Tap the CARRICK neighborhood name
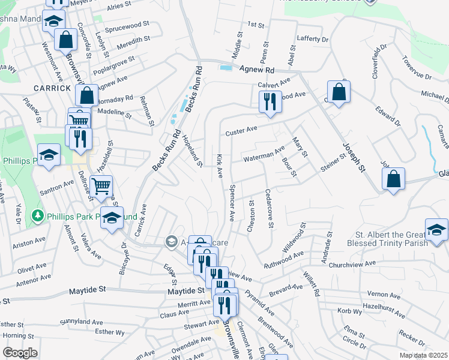click(35, 88)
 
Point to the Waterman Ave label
click(264, 155)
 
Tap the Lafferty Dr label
click(313, 38)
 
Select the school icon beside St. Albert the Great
click(436, 229)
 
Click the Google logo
click(20, 352)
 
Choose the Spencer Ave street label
click(231, 200)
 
